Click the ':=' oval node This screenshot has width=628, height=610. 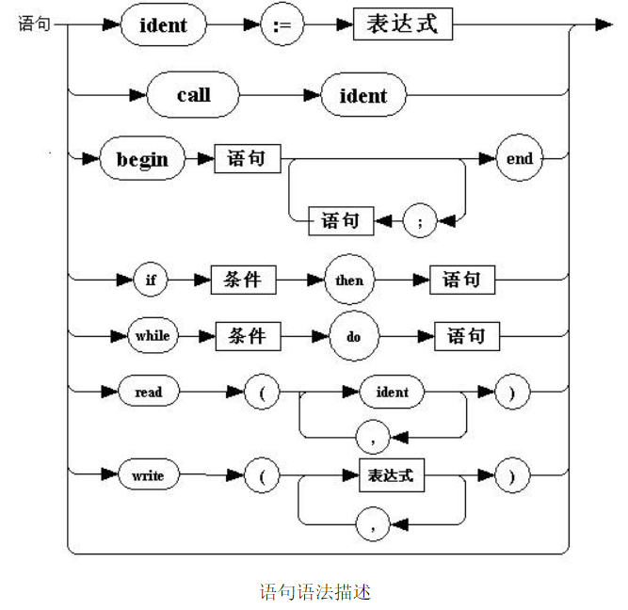click(282, 25)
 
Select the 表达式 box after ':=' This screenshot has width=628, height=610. click(402, 24)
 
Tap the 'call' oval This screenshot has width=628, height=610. click(193, 95)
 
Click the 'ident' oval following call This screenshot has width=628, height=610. click(362, 95)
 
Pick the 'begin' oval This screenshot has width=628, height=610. click(142, 159)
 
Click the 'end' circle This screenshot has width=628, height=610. click(520, 159)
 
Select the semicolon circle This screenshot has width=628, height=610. click(420, 222)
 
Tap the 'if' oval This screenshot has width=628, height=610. click(150, 281)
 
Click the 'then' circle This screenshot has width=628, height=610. click(348, 281)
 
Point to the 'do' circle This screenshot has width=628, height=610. click(353, 336)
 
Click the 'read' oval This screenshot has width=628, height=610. click(148, 392)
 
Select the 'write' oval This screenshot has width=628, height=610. click(148, 475)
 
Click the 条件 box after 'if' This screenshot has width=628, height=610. click(248, 281)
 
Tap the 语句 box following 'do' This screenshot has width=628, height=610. click(466, 336)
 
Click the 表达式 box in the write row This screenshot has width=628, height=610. click(391, 475)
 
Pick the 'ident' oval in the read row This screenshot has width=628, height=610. click(392, 392)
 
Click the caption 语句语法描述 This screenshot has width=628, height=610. click(315, 592)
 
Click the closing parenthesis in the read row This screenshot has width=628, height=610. click(511, 392)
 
